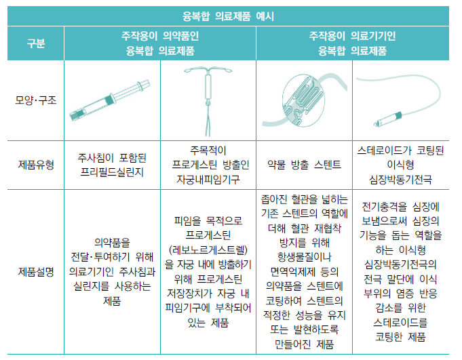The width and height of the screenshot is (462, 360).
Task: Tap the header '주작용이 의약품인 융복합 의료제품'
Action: click(160, 43)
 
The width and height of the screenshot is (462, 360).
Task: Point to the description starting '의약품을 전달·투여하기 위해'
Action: click(112, 272)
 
